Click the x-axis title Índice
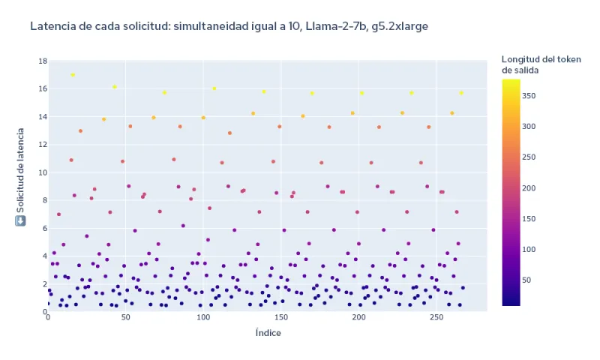point(268,333)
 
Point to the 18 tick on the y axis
point(43,61)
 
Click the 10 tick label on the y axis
point(43,172)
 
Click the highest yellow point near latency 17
point(73,75)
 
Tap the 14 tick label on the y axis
point(43,117)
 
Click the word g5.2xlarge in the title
point(401,26)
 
